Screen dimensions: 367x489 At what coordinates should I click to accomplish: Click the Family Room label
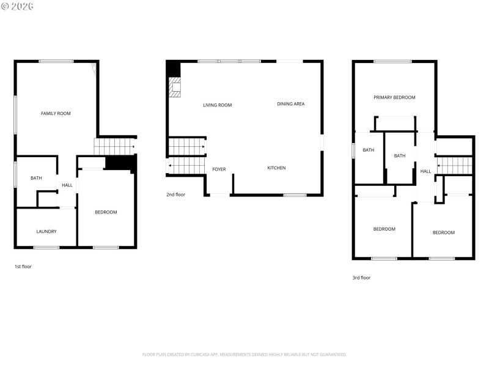pyautogui.click(x=56, y=113)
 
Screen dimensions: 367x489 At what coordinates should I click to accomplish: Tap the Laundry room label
pyautogui.click(x=46, y=231)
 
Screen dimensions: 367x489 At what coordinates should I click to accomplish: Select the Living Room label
pyautogui.click(x=218, y=105)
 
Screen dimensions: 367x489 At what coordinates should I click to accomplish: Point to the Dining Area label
pyautogui.click(x=291, y=104)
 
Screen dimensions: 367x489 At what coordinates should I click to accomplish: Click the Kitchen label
pyautogui.click(x=276, y=168)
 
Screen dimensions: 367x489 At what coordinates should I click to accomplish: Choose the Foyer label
pyautogui.click(x=219, y=169)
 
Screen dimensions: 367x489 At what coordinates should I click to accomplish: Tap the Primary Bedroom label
pyautogui.click(x=394, y=97)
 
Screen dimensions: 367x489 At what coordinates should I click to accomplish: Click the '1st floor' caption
pyautogui.click(x=23, y=267)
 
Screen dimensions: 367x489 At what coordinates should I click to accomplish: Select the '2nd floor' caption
pyautogui.click(x=175, y=195)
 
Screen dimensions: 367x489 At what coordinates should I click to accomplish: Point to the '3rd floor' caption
pyautogui.click(x=361, y=278)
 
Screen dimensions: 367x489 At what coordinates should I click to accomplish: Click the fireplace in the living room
pyautogui.click(x=175, y=87)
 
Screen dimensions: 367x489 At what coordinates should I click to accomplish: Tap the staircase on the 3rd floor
pyautogui.click(x=455, y=165)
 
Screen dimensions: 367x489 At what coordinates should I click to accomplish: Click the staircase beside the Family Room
pyautogui.click(x=114, y=147)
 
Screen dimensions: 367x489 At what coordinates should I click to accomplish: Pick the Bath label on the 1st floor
pyautogui.click(x=37, y=178)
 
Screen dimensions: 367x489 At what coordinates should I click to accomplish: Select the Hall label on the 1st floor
pyautogui.click(x=67, y=185)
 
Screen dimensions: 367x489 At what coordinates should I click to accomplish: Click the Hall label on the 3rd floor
pyautogui.click(x=425, y=171)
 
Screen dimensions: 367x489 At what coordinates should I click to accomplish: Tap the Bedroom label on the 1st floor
pyautogui.click(x=106, y=212)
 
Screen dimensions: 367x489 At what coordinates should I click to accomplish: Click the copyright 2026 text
pyautogui.click(x=17, y=6)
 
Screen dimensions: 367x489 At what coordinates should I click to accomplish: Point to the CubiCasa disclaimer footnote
pyautogui.click(x=244, y=354)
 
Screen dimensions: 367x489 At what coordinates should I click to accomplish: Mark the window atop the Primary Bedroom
pyautogui.click(x=392, y=61)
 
